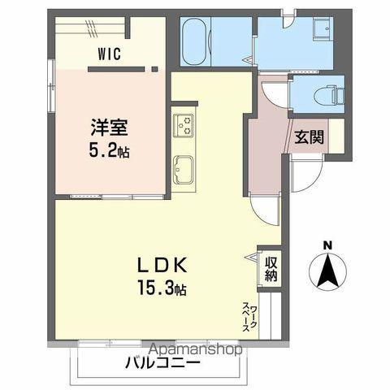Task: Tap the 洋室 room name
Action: (x=108, y=128)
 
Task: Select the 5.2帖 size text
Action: (x=108, y=149)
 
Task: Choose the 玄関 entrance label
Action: (x=309, y=136)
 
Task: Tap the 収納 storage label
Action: (x=270, y=269)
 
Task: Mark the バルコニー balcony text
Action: (x=162, y=362)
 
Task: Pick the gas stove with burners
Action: (x=184, y=124)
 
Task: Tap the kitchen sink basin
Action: (x=184, y=171)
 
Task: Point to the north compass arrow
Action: (x=327, y=271)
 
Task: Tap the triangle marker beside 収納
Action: (x=251, y=258)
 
